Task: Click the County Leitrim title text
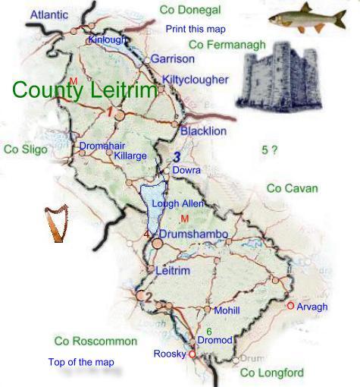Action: [85, 90]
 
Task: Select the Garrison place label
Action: [172, 58]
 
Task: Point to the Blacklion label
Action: [203, 131]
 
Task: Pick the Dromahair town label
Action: [102, 146]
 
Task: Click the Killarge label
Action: [130, 156]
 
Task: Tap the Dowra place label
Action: [186, 171]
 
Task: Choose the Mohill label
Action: [227, 310]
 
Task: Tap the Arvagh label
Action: [311, 307]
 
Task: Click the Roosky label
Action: [169, 354]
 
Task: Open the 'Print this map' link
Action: [196, 29]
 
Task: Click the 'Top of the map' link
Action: [81, 362]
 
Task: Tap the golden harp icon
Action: [55, 224]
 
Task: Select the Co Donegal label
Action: [190, 10]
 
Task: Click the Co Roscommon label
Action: [95, 341]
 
